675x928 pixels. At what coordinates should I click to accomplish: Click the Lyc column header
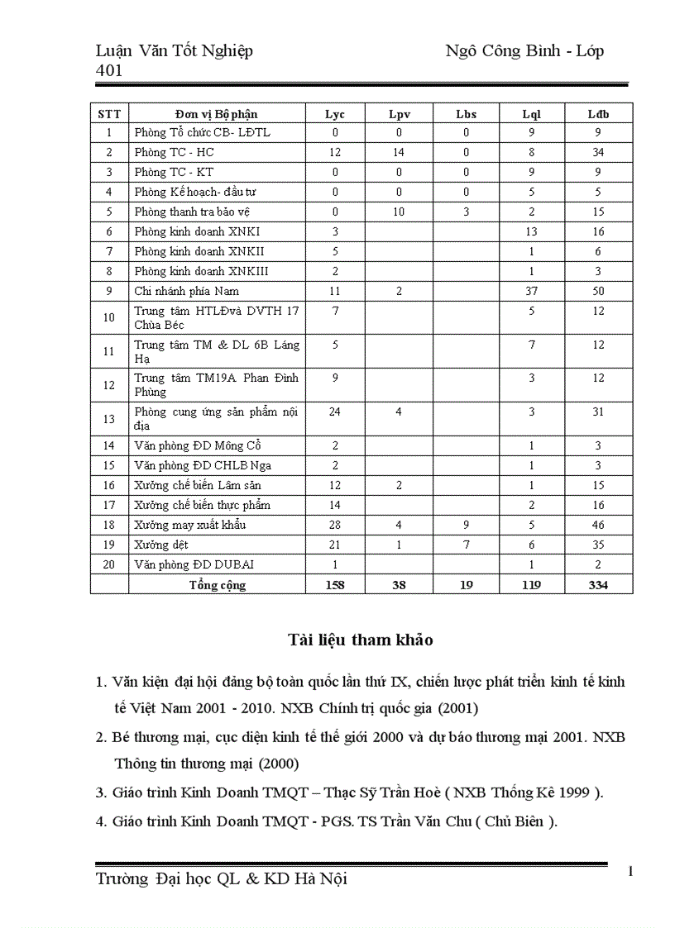coord(335,113)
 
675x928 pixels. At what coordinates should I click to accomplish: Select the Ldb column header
coord(598,113)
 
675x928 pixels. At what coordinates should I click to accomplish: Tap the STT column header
coord(109,113)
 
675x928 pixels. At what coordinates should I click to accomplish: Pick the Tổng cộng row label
coord(217,585)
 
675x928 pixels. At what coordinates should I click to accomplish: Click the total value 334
coord(598,585)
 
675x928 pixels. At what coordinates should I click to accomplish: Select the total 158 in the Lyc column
coord(335,585)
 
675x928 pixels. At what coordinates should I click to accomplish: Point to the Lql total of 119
coord(532,585)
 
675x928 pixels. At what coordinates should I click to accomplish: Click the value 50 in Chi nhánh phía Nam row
coord(598,291)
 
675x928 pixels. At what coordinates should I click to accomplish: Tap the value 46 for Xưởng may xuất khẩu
coord(598,525)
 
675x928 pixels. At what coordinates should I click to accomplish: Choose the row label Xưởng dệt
coord(161,545)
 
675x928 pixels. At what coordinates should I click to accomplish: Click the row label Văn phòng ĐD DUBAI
coord(194,564)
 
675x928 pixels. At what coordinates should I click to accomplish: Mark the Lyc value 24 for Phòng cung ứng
coord(335,412)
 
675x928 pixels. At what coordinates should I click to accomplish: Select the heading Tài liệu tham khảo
coord(361,640)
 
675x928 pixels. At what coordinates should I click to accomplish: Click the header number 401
coord(109,70)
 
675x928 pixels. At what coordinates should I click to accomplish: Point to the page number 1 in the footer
coord(631,871)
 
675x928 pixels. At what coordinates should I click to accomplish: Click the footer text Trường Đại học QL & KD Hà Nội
coord(222,879)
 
